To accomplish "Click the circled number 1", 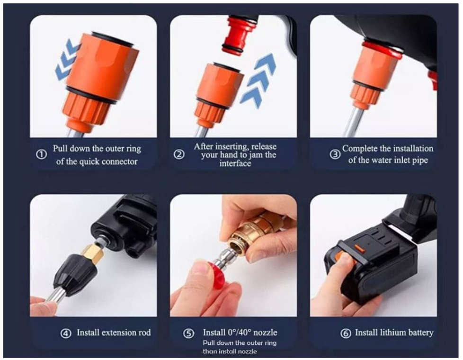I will pyautogui.click(x=41, y=155).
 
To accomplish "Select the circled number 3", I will pyautogui.click(x=335, y=154).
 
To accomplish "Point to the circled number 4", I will pyautogui.click(x=66, y=333).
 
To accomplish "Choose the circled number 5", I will pyautogui.click(x=188, y=333).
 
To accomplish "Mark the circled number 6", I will pyautogui.click(x=346, y=333).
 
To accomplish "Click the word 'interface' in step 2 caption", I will pyautogui.click(x=235, y=163).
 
